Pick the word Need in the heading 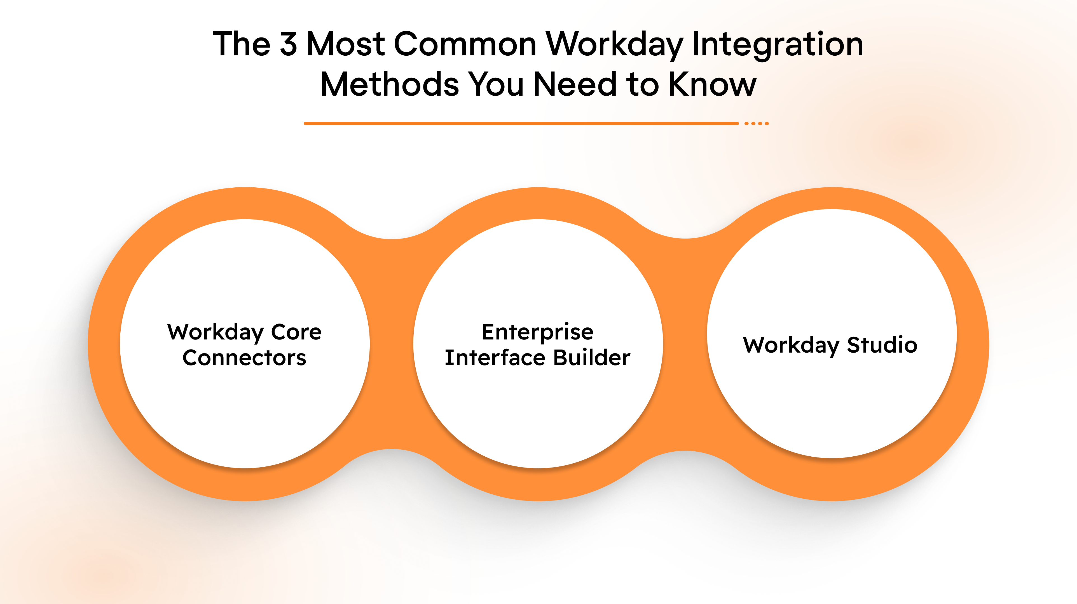coord(575,84)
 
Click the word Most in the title coord(346,44)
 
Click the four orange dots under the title coord(756,124)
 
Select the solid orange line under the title coord(521,124)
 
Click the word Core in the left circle coord(296,332)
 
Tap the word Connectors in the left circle coord(245,358)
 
